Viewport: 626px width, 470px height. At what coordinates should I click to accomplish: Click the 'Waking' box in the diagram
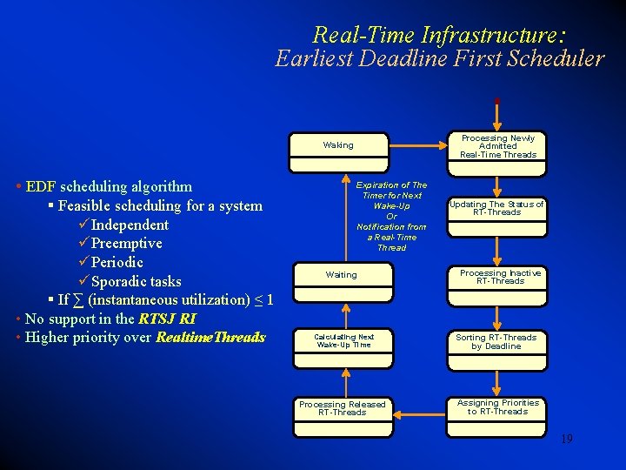click(x=338, y=145)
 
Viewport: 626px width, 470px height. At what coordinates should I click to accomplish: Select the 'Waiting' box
click(x=341, y=275)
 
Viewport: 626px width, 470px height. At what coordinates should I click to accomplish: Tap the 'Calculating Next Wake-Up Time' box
click(x=343, y=340)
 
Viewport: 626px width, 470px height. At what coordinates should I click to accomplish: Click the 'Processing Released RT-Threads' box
click(x=342, y=408)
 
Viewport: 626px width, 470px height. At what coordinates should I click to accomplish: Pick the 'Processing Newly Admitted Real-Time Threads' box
click(x=498, y=146)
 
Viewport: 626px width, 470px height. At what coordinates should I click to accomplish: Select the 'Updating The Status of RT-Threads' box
click(x=496, y=208)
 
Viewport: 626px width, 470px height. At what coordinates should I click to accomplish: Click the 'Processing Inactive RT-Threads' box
click(x=500, y=277)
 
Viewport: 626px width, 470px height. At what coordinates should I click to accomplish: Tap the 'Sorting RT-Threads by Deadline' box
click(x=496, y=341)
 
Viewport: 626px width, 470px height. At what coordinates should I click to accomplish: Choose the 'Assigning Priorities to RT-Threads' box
click(x=497, y=407)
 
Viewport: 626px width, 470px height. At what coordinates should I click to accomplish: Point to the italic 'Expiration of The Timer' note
click(x=391, y=216)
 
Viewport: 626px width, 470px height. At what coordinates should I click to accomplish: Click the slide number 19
click(x=566, y=440)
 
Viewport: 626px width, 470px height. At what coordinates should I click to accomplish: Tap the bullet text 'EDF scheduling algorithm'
click(x=110, y=186)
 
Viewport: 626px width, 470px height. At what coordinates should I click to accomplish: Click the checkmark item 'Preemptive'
click(x=127, y=244)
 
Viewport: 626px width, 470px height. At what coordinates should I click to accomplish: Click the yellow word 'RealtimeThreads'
click(x=210, y=338)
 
